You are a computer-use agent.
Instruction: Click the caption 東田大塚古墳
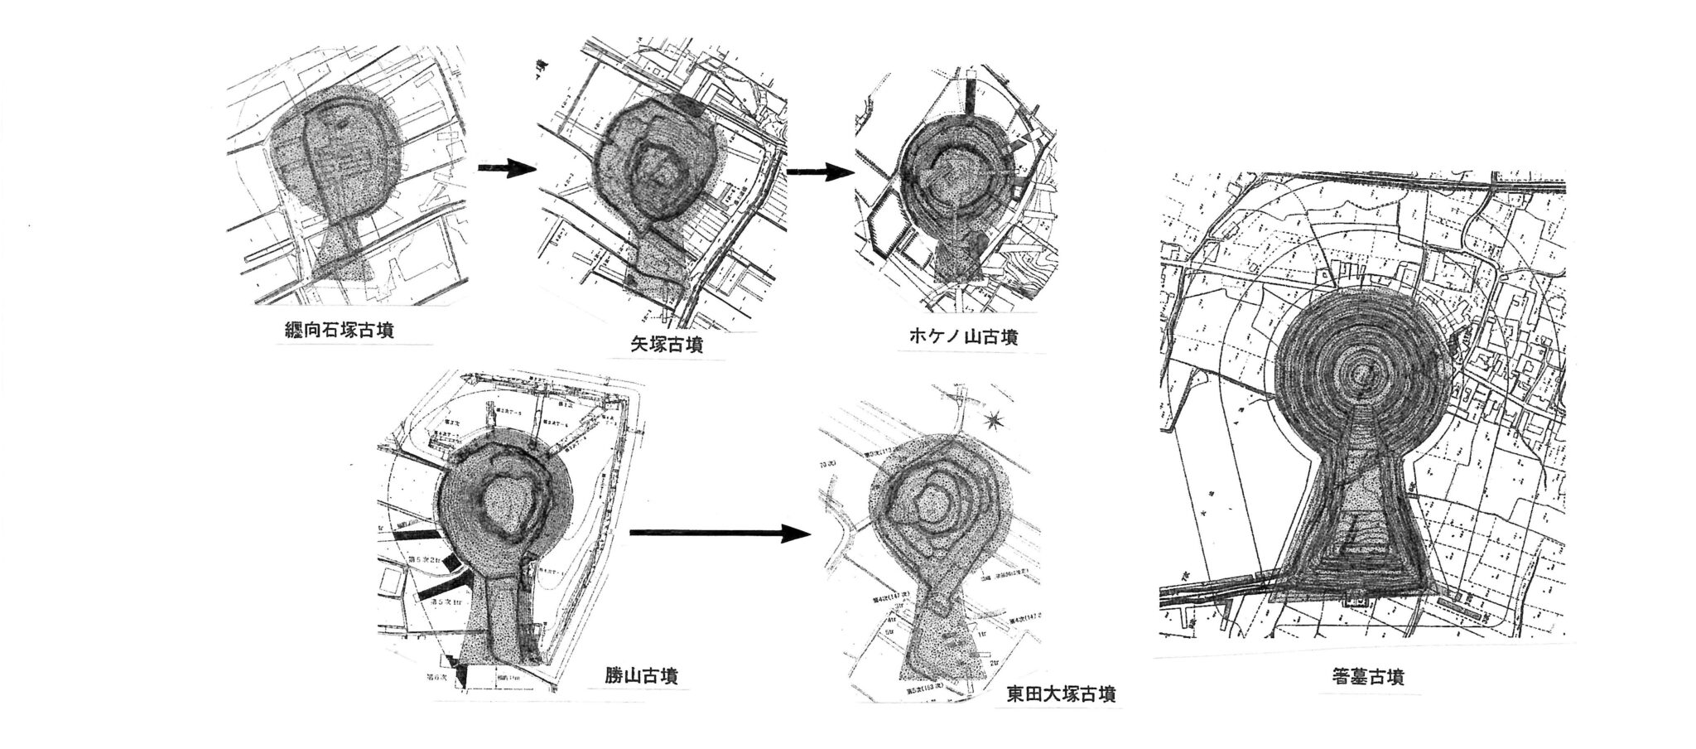click(x=1061, y=693)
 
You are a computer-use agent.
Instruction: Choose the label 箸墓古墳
click(x=1363, y=677)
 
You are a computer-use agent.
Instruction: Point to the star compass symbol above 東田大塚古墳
click(x=997, y=423)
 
